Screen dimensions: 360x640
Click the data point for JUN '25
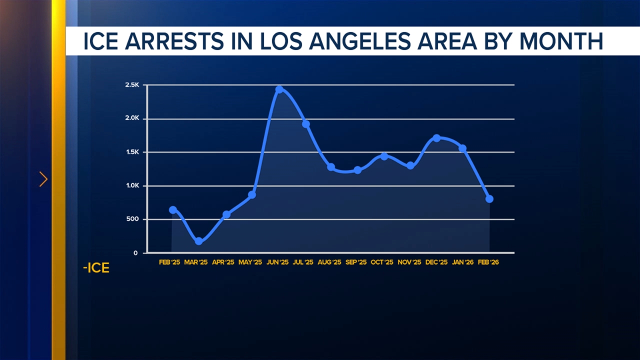(x=279, y=89)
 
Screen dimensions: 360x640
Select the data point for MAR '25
(x=199, y=241)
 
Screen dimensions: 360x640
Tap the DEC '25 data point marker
(x=436, y=138)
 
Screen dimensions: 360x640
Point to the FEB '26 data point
(x=489, y=199)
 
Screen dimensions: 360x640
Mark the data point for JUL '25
(x=306, y=124)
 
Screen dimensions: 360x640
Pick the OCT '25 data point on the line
(x=384, y=156)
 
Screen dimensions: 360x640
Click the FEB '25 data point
(x=173, y=210)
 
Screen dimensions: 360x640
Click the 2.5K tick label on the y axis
(x=132, y=85)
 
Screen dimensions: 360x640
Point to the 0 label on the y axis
(x=135, y=253)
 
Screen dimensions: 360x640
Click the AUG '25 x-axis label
(x=329, y=262)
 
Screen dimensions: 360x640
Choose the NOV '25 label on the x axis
(x=409, y=262)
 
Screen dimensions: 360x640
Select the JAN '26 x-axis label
(x=462, y=262)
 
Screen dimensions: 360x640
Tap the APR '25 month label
(x=223, y=262)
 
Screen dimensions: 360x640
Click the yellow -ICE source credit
(x=96, y=268)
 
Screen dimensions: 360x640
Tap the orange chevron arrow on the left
(x=43, y=179)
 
